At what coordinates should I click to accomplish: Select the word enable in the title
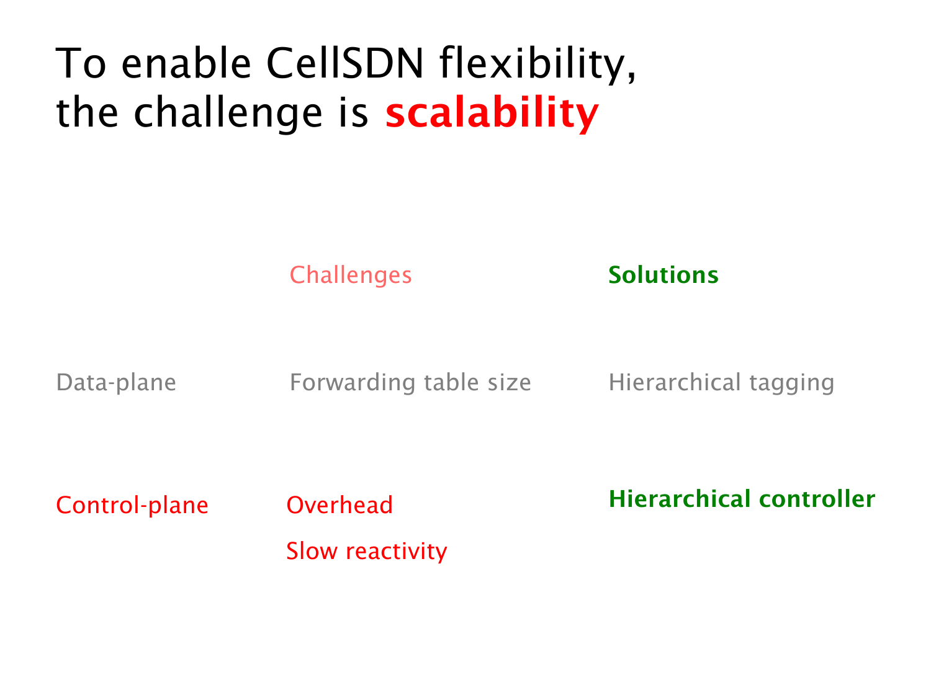coord(186,63)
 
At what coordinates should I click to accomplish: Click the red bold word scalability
coord(492,113)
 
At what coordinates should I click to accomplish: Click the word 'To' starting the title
coord(81,63)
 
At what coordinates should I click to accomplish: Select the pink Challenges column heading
coord(350,275)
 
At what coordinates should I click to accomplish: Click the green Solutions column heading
coord(663,275)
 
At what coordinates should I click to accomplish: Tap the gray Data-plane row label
coord(116,382)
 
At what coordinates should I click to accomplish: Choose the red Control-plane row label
coord(132,505)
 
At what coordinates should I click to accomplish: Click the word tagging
coord(791,383)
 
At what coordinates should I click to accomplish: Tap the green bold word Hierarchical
coord(679,499)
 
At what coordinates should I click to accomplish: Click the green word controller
coord(817,499)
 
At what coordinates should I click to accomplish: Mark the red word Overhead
coord(340,505)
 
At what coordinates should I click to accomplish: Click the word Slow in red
coord(312,551)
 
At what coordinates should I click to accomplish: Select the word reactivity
coord(396,552)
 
